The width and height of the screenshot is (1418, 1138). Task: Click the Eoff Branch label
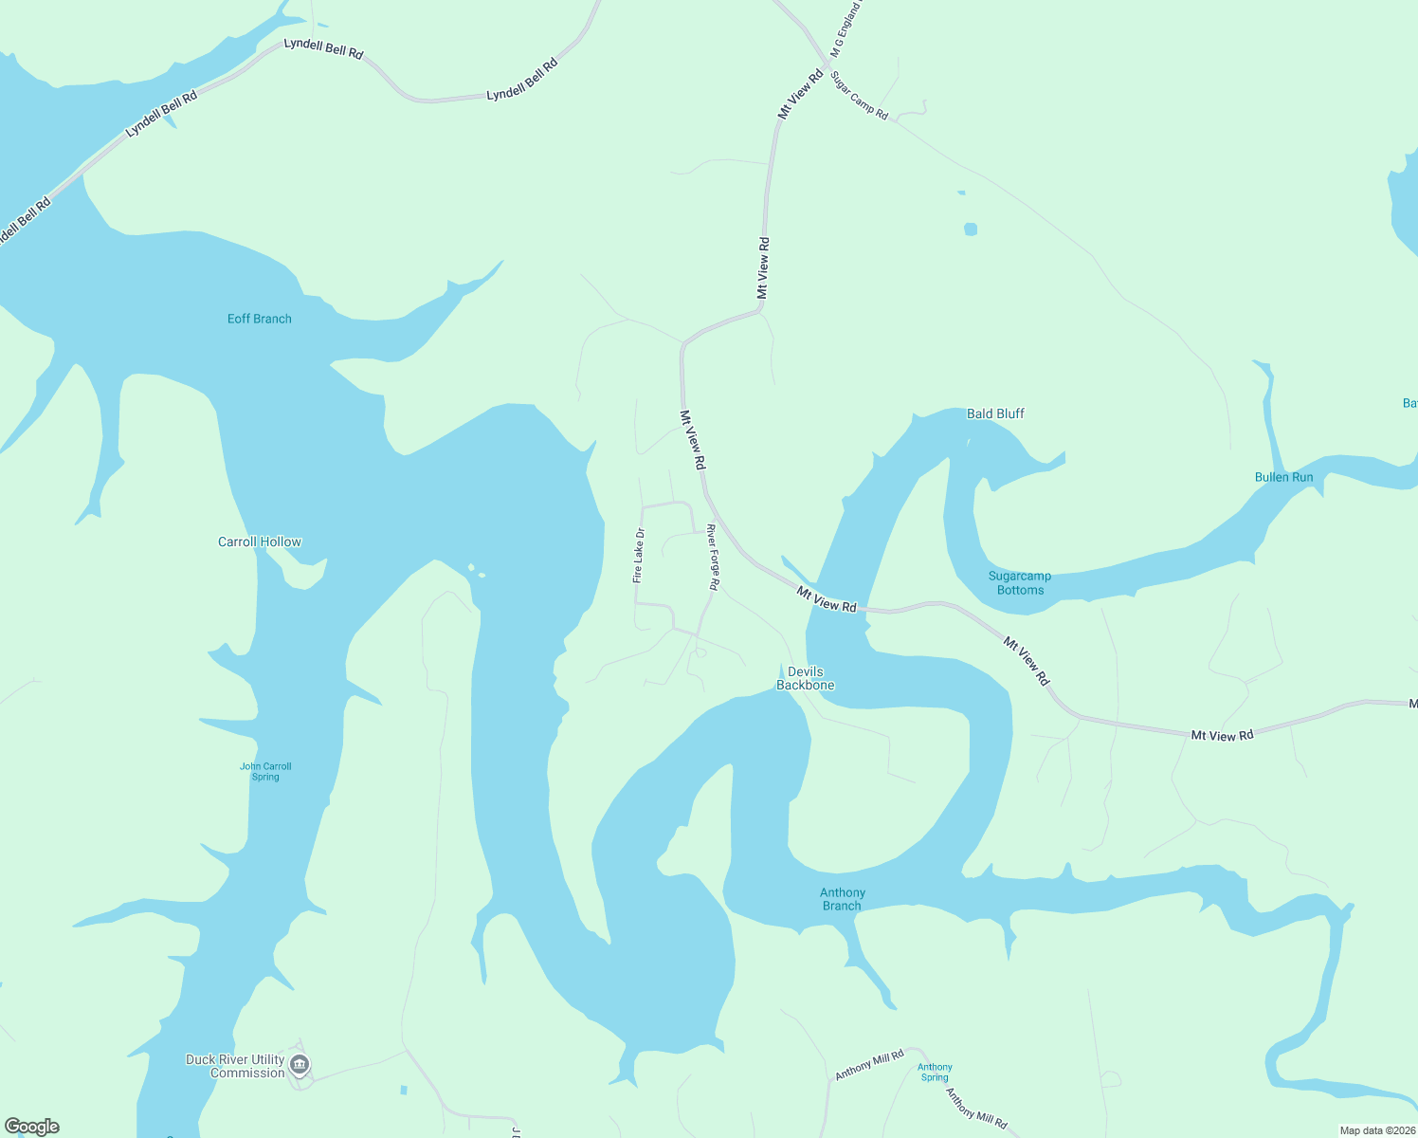tap(259, 319)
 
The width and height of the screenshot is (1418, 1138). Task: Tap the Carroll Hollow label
tap(260, 541)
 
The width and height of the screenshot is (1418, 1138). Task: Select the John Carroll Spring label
tap(265, 771)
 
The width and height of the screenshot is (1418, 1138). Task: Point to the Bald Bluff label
tap(995, 413)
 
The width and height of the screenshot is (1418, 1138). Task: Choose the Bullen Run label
tap(1283, 477)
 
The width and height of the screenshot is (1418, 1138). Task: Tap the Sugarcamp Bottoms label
tap(1020, 582)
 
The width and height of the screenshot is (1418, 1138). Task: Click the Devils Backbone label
tap(806, 678)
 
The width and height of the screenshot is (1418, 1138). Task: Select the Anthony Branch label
tap(842, 899)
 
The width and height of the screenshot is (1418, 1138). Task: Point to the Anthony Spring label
tap(935, 1072)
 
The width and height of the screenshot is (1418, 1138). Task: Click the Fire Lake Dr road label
tap(639, 555)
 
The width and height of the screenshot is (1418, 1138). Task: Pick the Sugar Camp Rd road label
tap(859, 95)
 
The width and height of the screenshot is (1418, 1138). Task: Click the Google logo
tap(32, 1127)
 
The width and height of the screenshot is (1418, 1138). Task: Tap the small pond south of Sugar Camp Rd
tap(970, 229)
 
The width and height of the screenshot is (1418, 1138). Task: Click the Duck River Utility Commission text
tap(235, 1066)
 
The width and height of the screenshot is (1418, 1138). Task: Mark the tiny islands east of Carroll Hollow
tap(477, 572)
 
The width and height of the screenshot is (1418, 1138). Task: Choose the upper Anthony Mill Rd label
tap(869, 1064)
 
